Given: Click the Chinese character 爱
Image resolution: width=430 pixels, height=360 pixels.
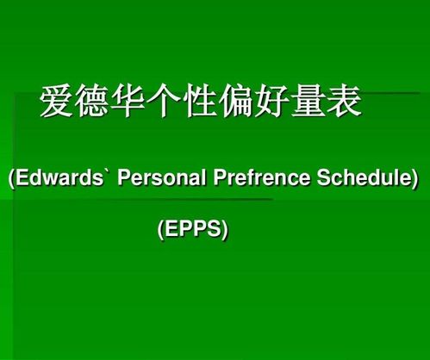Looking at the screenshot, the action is (56, 101).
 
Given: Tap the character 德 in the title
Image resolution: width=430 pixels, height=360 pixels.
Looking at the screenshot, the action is (91, 101).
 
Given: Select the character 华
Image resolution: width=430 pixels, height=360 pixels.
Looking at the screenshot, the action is (128, 101).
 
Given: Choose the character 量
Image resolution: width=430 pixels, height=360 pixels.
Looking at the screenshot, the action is (308, 101).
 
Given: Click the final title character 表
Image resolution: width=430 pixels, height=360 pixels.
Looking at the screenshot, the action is (345, 101).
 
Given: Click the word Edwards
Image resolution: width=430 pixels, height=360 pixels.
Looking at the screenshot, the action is (59, 177).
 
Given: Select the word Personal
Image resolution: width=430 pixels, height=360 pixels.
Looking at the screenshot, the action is (162, 177).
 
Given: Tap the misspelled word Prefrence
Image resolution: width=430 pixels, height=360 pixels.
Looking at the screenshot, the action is (262, 177).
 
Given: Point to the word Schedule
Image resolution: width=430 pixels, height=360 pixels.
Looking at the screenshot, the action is (364, 177).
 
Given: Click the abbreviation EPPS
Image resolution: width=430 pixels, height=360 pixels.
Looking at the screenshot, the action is (193, 228).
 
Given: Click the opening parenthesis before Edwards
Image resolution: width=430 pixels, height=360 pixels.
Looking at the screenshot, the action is (12, 178).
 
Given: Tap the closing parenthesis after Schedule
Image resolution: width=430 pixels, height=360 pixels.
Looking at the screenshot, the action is (414, 178).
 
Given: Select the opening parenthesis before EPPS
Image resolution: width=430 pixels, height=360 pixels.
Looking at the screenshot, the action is (160, 230).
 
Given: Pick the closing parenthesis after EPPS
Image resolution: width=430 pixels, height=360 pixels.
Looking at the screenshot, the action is (225, 230).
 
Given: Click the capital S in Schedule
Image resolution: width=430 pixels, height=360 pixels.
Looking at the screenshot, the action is (324, 177).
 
